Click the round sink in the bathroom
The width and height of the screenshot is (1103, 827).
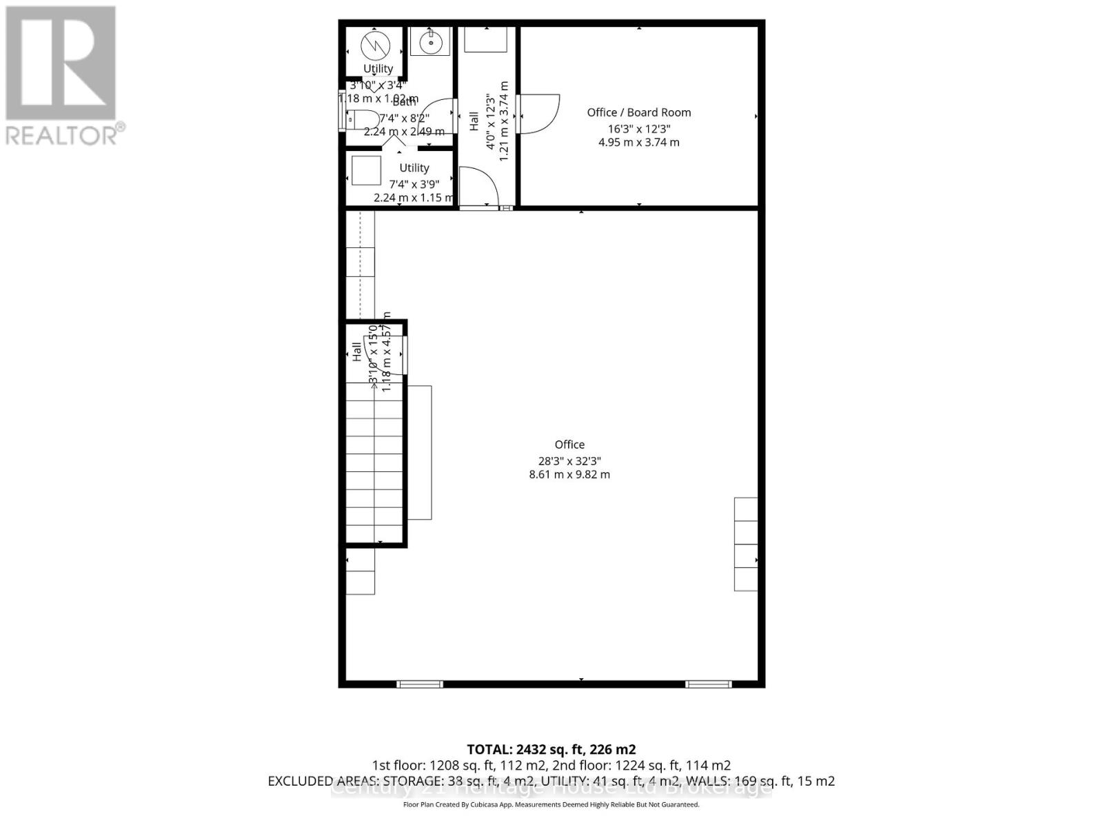pos(430,42)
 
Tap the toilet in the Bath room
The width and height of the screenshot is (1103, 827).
pos(361,119)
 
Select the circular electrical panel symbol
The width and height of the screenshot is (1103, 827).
pos(376,45)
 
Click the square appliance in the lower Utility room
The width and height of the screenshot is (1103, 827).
pos(366,170)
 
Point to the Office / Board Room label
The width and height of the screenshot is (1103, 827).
pos(638,112)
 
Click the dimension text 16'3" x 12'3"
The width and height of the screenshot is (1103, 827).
pos(638,129)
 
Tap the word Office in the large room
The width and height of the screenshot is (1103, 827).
pos(569,445)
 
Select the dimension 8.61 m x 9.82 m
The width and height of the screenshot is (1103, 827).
pos(569,474)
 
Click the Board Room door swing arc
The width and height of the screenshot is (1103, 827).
pos(541,114)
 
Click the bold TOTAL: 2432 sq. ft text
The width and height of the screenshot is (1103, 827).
pos(551,749)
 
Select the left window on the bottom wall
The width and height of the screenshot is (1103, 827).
pos(420,684)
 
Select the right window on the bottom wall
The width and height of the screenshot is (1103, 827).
pos(709,684)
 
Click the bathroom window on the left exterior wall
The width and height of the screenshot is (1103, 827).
pos(341,110)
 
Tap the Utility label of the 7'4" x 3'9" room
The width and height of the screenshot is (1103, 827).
pos(414,167)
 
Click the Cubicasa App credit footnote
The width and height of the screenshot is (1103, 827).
pos(551,804)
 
